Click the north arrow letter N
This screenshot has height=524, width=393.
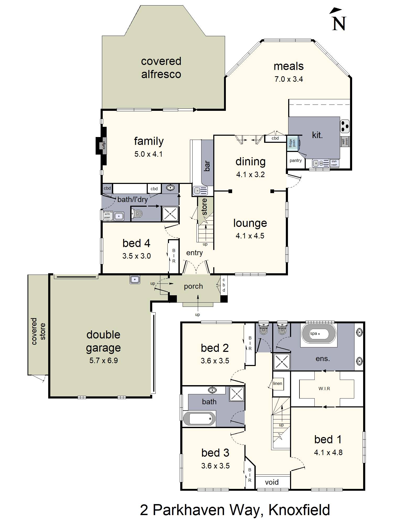tap(339, 24)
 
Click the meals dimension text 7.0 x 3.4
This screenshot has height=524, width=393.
tap(288, 79)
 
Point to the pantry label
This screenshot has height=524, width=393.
tap(296, 161)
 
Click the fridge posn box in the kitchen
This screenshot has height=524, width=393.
tap(292, 143)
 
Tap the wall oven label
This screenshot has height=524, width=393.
tap(345, 142)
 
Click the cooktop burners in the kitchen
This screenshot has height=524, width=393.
tap(345, 126)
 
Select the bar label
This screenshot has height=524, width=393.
tap(207, 166)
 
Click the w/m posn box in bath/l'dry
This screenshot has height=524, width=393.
tap(107, 216)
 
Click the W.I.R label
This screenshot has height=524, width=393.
tap(324, 389)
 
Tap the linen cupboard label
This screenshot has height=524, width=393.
tap(277, 384)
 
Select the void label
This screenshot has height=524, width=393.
tap(272, 482)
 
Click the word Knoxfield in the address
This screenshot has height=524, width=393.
tap(299, 510)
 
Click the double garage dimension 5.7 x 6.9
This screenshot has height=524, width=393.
tap(103, 361)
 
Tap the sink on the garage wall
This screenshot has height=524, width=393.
tap(135, 279)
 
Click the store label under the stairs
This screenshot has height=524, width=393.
tap(205, 207)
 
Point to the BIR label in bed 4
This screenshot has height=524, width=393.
tap(174, 256)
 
